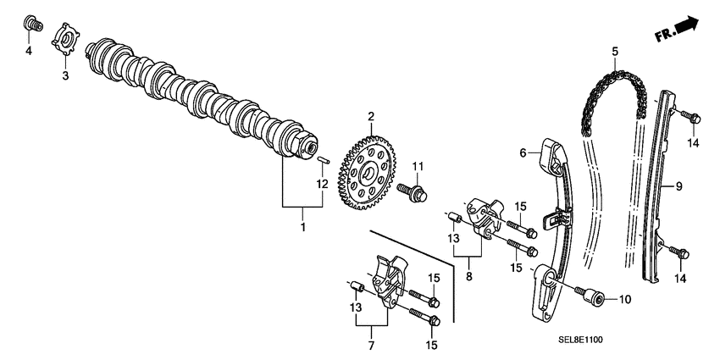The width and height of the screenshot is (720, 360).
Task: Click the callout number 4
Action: pyautogui.click(x=28, y=51)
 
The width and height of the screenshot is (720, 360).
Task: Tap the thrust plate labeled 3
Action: pyautogui.click(x=66, y=43)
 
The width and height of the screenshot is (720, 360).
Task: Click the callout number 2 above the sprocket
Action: pyautogui.click(x=370, y=116)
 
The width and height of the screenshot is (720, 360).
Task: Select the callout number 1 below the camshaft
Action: pyautogui.click(x=302, y=227)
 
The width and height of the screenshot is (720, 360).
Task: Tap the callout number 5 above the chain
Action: pyautogui.click(x=613, y=52)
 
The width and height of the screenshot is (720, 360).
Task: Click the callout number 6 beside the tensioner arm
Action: pyautogui.click(x=523, y=152)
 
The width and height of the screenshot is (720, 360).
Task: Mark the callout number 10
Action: pyautogui.click(x=626, y=298)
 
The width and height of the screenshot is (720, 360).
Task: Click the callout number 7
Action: pyautogui.click(x=370, y=346)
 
